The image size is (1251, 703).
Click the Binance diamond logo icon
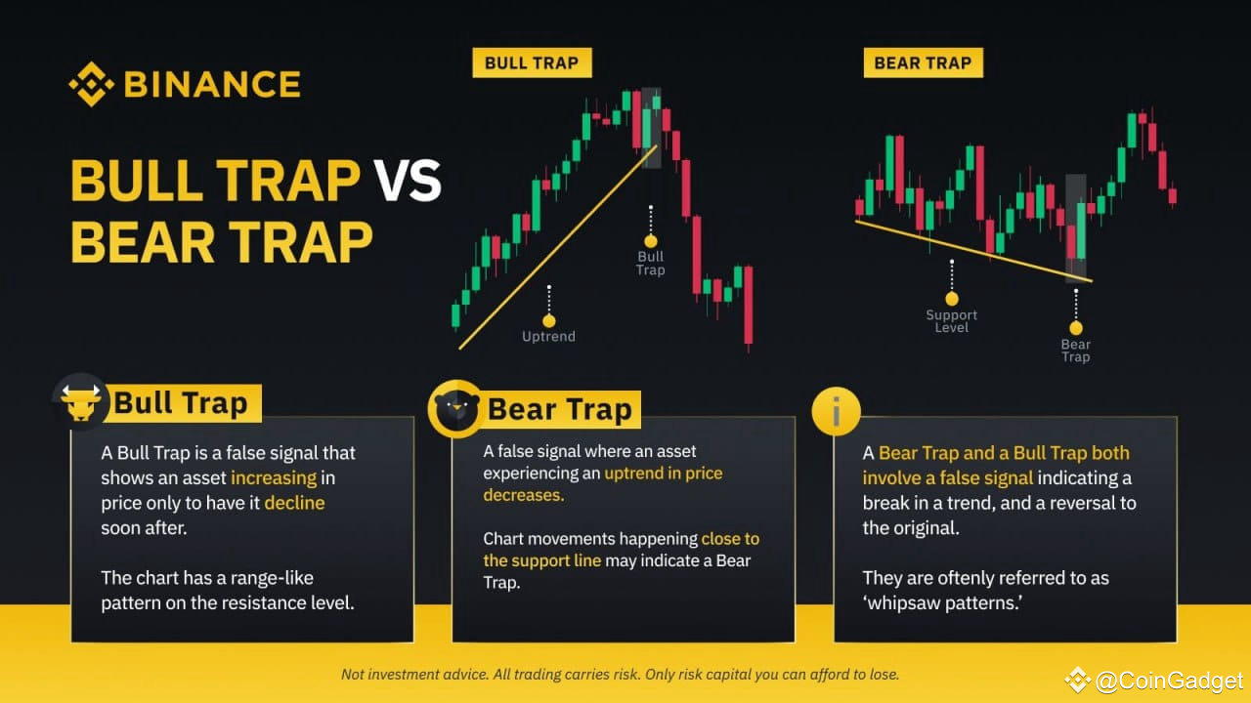[91, 84]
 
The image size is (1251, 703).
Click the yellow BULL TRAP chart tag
[532, 63]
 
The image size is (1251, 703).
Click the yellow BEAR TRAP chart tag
[923, 63]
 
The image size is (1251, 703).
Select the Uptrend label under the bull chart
[548, 337]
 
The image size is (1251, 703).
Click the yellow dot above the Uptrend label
[548, 320]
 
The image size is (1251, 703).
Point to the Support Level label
[951, 321]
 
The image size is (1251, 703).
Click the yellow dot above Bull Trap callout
[650, 240]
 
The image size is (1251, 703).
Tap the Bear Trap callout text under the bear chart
[1075, 351]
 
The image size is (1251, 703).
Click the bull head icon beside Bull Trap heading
[81, 401]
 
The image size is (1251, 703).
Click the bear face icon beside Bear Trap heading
[455, 409]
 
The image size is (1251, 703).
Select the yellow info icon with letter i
[836, 411]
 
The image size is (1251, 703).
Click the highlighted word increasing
[274, 478]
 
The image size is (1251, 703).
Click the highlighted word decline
[294, 504]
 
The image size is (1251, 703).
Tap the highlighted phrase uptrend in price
[663, 474]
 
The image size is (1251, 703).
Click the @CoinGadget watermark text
[1169, 681]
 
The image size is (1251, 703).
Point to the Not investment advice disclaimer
[620, 675]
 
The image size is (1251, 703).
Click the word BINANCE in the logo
[211, 85]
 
